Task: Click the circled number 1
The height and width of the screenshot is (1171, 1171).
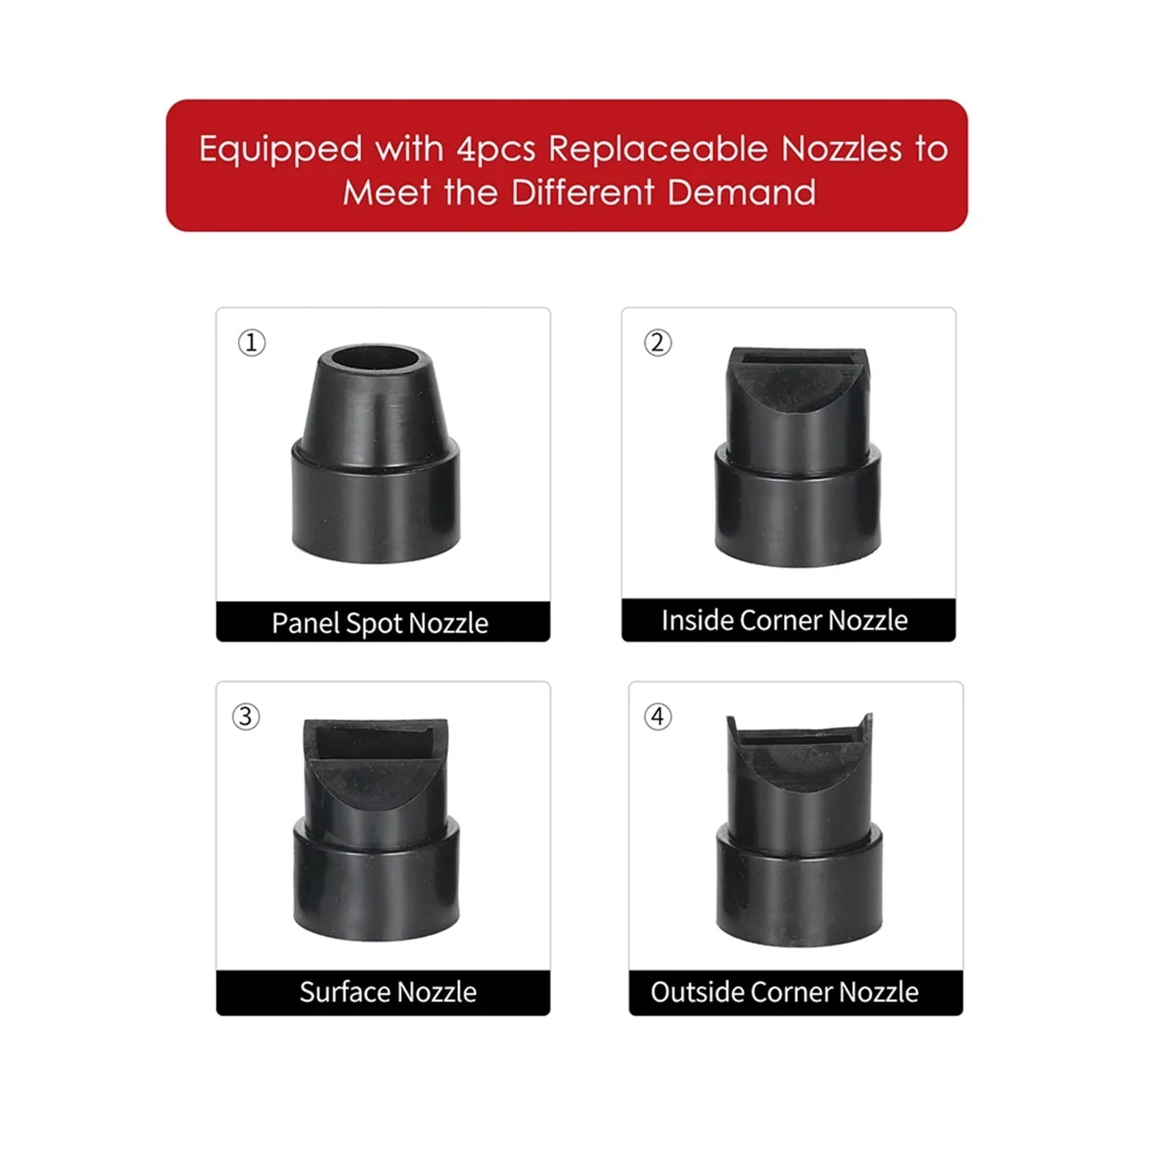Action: [x=252, y=343]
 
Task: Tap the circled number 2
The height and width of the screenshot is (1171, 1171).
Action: [x=657, y=343]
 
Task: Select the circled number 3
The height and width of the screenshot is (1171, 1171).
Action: [x=246, y=717]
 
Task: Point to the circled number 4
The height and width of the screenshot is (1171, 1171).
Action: [x=657, y=717]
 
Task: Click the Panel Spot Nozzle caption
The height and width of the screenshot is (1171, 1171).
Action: [x=380, y=624]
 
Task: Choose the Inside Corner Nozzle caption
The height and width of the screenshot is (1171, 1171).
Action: [x=785, y=621]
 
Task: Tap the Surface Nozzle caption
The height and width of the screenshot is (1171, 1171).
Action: [x=388, y=992]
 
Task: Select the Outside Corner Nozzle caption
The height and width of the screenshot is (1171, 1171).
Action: [x=785, y=992]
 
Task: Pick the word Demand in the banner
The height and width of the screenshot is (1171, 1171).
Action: [x=741, y=193]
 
